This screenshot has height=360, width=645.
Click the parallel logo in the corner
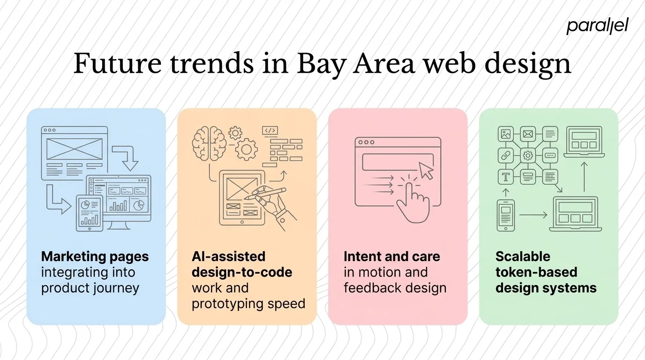click(597, 26)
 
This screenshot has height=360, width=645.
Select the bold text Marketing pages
click(95, 256)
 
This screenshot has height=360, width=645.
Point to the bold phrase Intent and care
click(391, 256)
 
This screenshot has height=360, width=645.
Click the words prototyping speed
click(248, 303)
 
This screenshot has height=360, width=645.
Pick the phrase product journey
click(90, 287)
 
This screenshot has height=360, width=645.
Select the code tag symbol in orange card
click(270, 131)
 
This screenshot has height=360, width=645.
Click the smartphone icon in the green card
click(505, 215)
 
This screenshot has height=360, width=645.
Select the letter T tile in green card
click(506, 177)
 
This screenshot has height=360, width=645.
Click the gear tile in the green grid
click(528, 155)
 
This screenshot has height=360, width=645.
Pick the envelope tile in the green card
click(528, 134)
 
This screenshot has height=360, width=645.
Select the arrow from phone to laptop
click(533, 215)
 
